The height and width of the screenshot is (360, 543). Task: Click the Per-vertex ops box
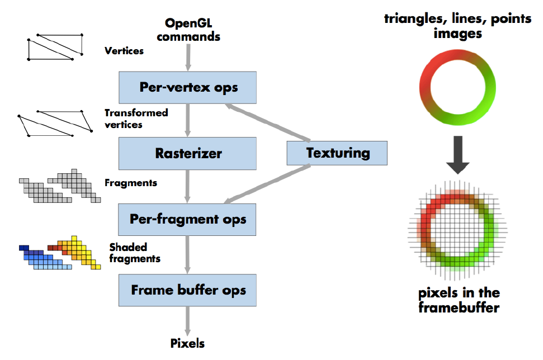[x=187, y=88]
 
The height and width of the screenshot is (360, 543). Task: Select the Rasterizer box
[x=187, y=153]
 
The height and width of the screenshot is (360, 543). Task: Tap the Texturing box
[x=337, y=153]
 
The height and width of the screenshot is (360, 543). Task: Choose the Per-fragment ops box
[x=187, y=219]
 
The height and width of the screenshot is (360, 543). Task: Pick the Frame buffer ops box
[x=187, y=290]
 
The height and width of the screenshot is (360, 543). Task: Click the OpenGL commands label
[x=188, y=30]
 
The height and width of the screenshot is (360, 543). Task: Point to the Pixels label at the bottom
[x=187, y=343]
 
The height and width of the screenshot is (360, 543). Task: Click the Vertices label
[x=124, y=51]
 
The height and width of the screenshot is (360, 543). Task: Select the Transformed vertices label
[x=136, y=119]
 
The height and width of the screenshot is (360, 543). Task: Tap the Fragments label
[x=131, y=183]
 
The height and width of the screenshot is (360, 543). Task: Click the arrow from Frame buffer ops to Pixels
[x=187, y=321]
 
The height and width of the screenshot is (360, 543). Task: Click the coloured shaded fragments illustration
[x=60, y=254]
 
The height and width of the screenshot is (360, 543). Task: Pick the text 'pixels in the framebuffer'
[x=459, y=300]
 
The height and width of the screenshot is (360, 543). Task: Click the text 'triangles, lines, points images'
[x=457, y=26]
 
